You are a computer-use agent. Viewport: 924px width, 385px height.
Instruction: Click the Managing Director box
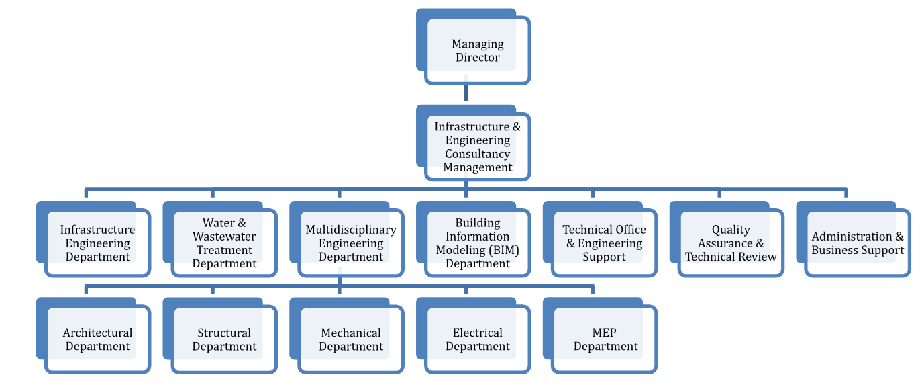pos(477,51)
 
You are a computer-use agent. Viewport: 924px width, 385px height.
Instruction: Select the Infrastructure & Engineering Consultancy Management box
pos(477,146)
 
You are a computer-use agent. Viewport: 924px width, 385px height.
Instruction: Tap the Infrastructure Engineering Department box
pos(97,243)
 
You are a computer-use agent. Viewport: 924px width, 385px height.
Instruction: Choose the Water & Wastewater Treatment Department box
pos(224,243)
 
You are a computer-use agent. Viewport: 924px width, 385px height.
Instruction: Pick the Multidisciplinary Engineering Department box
pos(351,243)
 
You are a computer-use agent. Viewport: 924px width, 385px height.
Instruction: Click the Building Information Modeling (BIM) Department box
pos(477,243)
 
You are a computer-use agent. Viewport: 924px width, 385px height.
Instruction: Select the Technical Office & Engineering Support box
pos(604,243)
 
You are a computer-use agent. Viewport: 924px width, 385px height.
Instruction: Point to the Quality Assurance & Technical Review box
pos(731,243)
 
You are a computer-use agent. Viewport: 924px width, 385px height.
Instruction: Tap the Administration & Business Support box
pos(858,243)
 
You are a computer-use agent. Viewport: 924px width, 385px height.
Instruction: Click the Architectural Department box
pos(97,339)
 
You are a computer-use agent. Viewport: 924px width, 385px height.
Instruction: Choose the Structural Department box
pos(224,339)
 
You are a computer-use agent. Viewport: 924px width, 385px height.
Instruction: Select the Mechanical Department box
pos(351,339)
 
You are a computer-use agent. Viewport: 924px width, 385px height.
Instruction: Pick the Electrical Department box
pos(477,339)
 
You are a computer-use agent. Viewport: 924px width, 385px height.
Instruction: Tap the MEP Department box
pos(604,339)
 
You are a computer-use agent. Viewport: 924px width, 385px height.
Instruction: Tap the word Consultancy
pos(477,154)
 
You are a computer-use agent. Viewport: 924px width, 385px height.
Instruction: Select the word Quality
pos(731,230)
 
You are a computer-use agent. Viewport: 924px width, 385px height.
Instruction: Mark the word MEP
pos(604,333)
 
